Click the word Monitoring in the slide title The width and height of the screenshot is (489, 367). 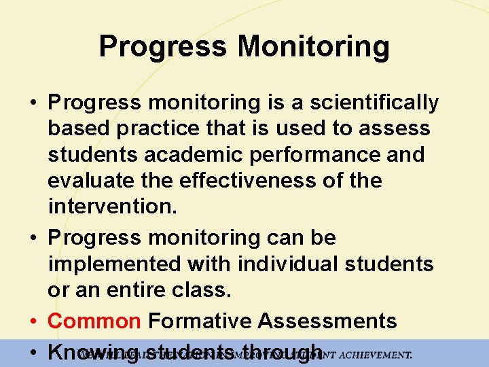[x=314, y=48]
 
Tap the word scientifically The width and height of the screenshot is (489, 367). [x=374, y=103]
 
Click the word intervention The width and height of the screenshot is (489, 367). [x=112, y=207]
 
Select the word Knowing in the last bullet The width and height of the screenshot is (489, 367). [x=94, y=352]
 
